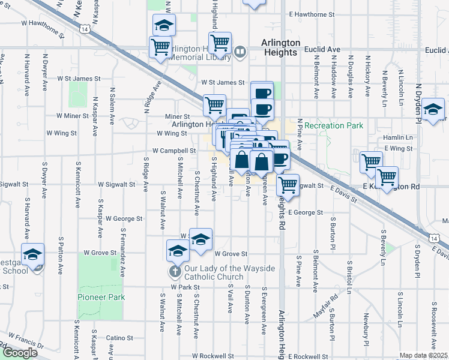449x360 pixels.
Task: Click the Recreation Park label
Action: [334, 126]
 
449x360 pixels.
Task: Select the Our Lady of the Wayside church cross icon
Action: [175, 272]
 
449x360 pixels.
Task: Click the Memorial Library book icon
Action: [240, 52]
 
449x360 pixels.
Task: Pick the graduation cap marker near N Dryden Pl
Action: [433, 110]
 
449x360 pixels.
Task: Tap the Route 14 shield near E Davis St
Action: [433, 239]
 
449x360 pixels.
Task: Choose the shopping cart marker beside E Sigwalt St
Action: [288, 184]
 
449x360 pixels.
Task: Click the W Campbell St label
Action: [174, 151]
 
